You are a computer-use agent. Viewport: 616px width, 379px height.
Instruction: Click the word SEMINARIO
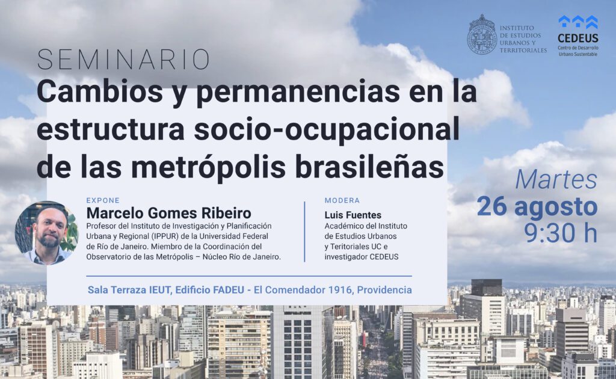123,60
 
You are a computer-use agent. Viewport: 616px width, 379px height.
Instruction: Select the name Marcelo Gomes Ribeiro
168,213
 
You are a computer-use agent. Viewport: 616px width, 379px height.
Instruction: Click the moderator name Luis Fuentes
353,215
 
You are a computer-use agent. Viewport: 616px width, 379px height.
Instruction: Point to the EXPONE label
103,200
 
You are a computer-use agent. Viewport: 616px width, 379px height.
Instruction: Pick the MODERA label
342,200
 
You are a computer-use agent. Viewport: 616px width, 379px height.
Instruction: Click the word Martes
556,179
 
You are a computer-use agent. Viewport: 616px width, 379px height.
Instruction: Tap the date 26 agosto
537,206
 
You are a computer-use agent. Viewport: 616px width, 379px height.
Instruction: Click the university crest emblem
482,34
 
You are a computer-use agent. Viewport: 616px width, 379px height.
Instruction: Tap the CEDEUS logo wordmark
578,38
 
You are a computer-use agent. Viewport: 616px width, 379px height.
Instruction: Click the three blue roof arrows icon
578,22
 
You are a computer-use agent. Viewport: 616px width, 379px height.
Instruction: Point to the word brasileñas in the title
369,167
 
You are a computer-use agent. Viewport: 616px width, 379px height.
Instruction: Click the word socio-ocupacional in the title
327,130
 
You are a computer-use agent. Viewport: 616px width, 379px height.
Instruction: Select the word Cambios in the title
100,91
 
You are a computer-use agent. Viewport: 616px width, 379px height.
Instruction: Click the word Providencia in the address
384,290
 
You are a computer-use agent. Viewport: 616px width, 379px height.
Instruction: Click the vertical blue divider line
304,232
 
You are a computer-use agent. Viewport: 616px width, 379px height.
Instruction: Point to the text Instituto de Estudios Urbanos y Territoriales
523,39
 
